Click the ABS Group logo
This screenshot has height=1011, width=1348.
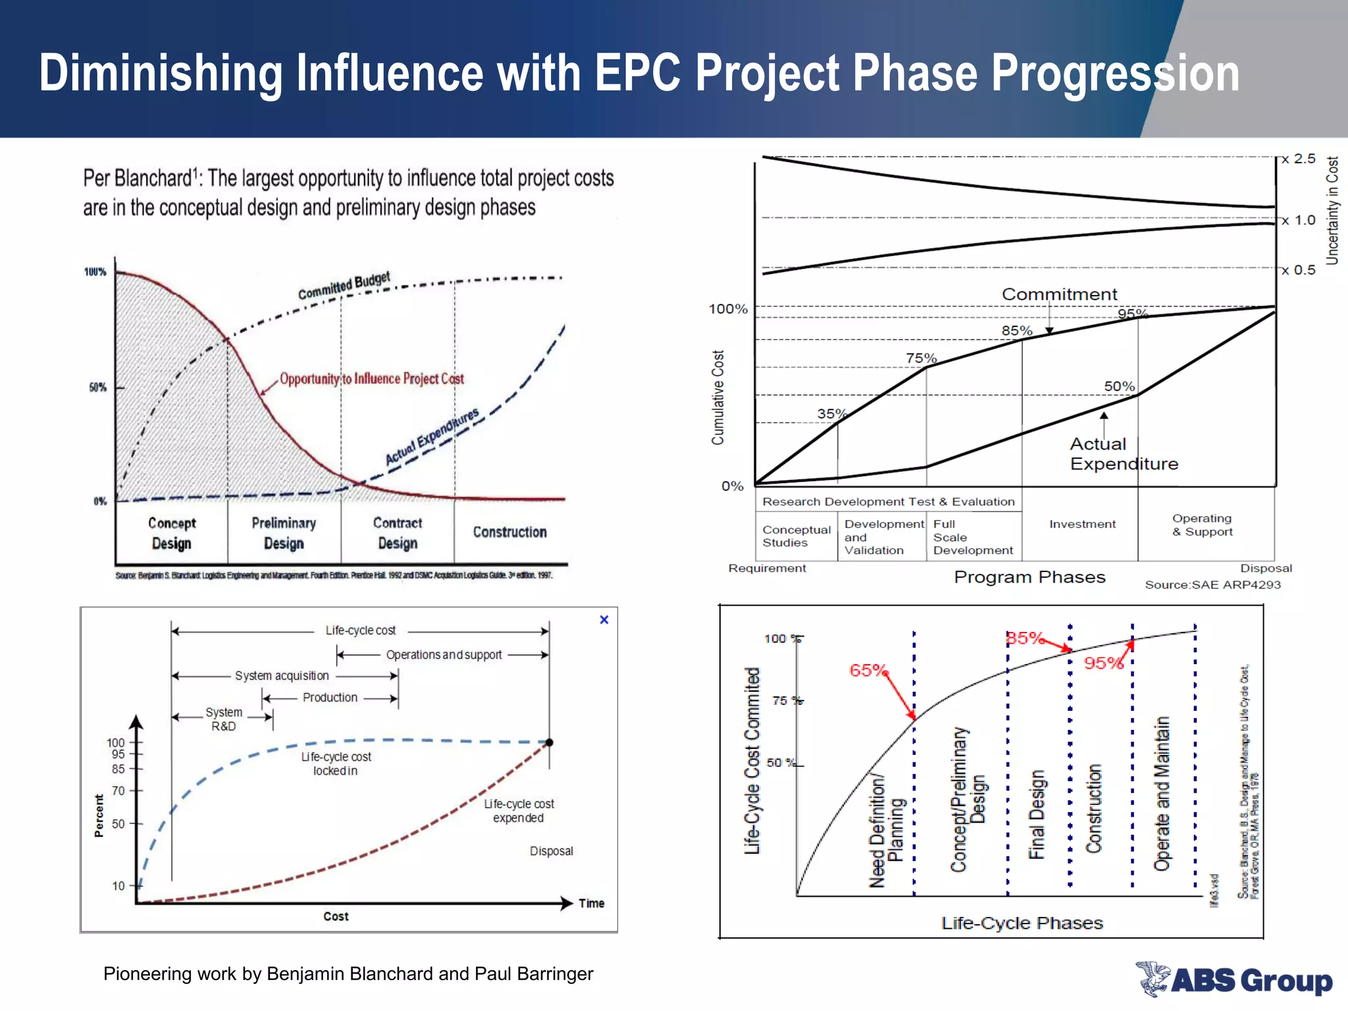tap(1234, 979)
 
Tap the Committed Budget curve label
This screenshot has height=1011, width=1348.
tap(344, 285)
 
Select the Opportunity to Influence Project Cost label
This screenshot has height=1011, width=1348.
tap(372, 378)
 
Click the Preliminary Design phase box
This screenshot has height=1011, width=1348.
tap(284, 532)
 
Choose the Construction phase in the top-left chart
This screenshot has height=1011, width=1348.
tap(509, 532)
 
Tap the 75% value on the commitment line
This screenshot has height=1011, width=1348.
tap(921, 358)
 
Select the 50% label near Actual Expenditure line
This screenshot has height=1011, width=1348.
tap(1119, 386)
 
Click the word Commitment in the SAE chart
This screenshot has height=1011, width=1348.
tap(1059, 294)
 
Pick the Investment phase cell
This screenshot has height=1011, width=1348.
tap(1082, 524)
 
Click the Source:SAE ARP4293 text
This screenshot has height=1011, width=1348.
tap(1212, 584)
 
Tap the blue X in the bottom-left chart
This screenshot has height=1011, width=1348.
tap(604, 619)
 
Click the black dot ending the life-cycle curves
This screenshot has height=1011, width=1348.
tap(550, 742)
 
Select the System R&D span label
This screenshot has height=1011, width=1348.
tap(224, 719)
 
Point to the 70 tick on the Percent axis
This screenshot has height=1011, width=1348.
tap(118, 791)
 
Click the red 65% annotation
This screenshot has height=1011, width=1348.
tap(868, 670)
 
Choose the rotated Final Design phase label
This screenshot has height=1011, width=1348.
tap(1037, 815)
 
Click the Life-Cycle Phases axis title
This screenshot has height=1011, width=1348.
tap(1022, 923)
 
